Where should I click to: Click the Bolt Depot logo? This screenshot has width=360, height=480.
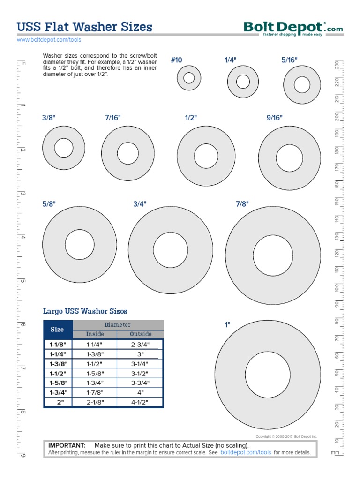293,29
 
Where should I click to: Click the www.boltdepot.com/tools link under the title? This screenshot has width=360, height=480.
49,40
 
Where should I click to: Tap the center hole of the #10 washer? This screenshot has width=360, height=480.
189,78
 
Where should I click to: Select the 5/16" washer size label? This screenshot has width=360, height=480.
289,60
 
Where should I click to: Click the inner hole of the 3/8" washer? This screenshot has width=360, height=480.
64,148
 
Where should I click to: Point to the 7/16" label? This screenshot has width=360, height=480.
113,118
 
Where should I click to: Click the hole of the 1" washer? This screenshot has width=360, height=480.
268,375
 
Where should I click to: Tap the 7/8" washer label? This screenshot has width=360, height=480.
242,204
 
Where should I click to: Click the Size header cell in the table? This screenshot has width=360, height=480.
57,330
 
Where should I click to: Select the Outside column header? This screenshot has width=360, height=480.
141,334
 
